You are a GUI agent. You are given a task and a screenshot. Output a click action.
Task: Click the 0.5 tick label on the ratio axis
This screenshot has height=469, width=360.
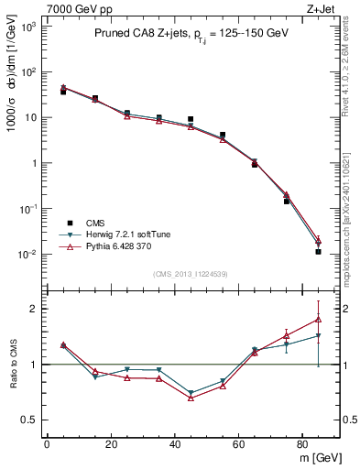[x=27, y=420]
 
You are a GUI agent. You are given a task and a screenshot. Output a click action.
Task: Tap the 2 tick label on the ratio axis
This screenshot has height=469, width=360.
[x=31, y=309]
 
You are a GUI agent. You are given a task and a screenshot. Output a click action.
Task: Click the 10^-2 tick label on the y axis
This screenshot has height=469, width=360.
[x=27, y=255]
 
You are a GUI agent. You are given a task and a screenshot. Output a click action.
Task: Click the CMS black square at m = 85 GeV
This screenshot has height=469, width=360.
[x=319, y=251]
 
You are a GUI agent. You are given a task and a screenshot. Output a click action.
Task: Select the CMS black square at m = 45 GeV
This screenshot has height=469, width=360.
[x=191, y=119]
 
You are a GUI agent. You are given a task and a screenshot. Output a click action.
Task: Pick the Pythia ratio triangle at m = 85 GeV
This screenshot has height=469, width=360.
[x=319, y=319]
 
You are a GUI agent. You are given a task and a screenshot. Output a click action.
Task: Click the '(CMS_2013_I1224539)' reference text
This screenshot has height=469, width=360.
[x=191, y=274]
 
